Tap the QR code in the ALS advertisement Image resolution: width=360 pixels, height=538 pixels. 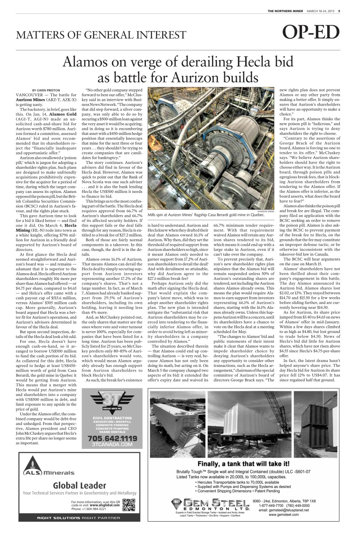128,504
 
